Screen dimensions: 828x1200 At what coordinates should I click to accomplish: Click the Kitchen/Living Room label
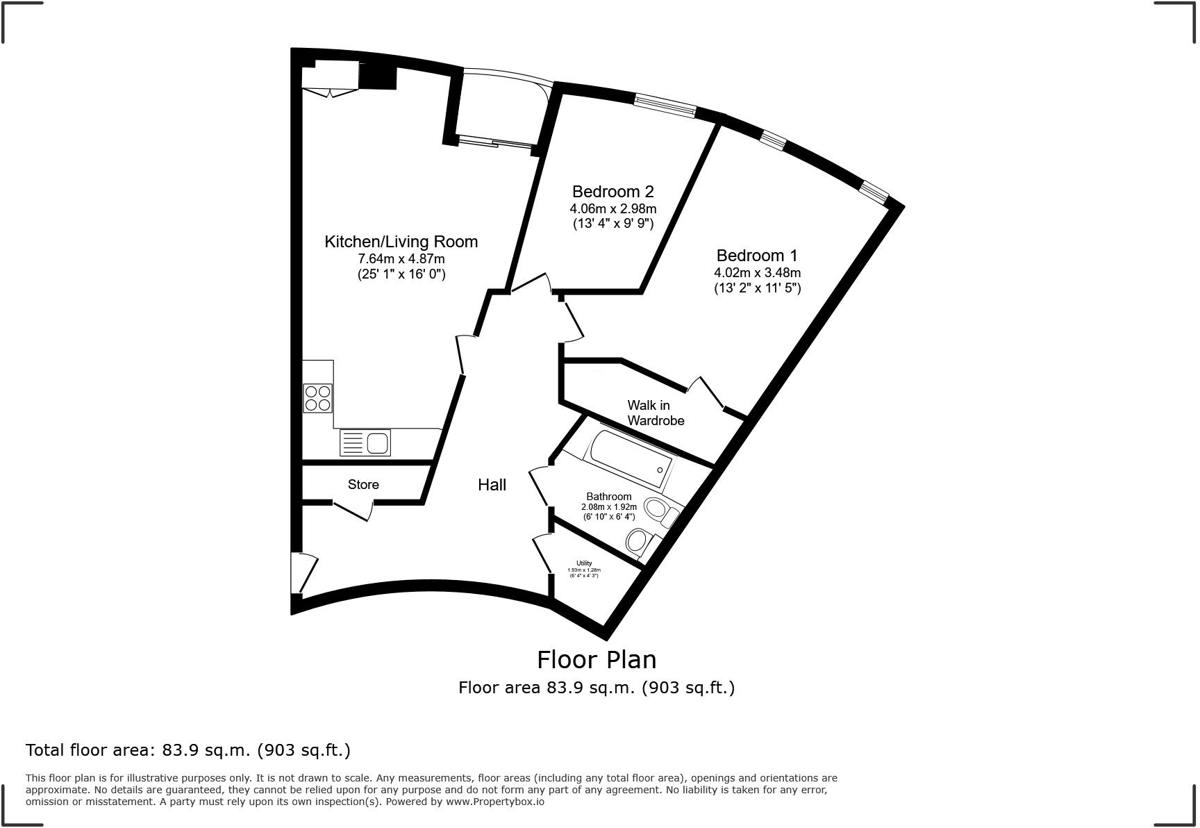coord(401,242)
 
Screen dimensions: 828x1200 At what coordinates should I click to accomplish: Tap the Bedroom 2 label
coord(612,191)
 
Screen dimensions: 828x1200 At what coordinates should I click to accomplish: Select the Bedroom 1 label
coord(757,255)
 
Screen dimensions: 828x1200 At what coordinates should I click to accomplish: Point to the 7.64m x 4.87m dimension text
coord(401,259)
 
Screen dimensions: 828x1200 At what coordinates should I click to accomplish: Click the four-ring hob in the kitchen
coord(318,398)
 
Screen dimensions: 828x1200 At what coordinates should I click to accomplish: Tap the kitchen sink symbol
coord(365,442)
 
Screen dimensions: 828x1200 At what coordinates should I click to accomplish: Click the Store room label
coord(363,484)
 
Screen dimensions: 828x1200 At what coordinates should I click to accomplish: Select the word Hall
coord(492,485)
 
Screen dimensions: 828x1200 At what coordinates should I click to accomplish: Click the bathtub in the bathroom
coord(629,460)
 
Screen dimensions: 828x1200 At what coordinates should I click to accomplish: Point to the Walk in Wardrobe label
coord(656,413)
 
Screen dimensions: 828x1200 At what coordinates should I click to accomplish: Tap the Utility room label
coord(583,563)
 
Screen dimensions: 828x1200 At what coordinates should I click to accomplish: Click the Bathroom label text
coord(608,497)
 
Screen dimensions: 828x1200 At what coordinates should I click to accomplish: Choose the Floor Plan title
coord(596,659)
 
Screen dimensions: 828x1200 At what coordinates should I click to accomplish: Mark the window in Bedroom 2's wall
coord(665,106)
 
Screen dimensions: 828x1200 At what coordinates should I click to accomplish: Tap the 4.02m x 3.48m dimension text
coord(757,272)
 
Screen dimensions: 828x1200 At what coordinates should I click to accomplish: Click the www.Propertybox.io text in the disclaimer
coord(494,802)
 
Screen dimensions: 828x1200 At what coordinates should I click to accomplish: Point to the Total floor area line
coord(187,750)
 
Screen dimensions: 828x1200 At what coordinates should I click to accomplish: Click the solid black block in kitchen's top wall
coord(378,76)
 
